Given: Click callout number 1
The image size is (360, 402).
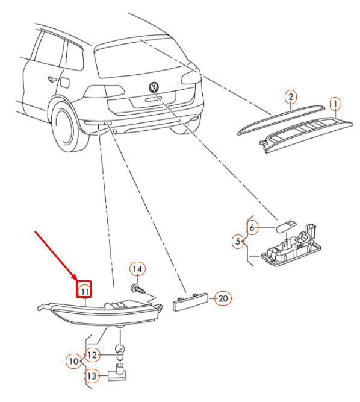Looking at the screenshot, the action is coord(335,104).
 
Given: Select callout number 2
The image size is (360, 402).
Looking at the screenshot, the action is coord(291,97).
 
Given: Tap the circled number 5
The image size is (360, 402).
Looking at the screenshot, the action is coord(238,242).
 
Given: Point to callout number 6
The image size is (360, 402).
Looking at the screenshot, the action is coord(252,227).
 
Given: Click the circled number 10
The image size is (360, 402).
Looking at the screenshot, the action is coord(73,361).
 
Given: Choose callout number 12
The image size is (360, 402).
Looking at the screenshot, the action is coord(92,355).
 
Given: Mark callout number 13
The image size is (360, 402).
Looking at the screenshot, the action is coord(92,376).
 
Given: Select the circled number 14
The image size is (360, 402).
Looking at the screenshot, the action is coord(137,269).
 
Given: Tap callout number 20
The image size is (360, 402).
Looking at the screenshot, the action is coord(223,298).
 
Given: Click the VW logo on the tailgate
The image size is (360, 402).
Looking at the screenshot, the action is coord(154,87).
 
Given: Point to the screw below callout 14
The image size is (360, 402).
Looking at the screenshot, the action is coord(138,289).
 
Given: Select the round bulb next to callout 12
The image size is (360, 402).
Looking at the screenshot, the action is coord(120,351).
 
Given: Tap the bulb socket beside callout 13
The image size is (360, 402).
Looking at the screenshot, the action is coord(117,372).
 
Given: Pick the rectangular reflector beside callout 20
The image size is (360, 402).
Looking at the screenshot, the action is coord(190,302).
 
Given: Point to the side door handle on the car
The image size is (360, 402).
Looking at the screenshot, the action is coord(52,79).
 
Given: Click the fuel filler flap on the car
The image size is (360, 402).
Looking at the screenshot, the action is coord(64,83).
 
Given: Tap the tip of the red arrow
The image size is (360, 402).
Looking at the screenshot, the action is coord(76,280).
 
